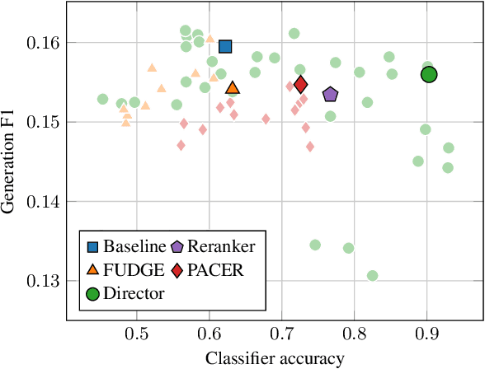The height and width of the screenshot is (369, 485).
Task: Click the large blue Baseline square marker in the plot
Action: (x=225, y=46)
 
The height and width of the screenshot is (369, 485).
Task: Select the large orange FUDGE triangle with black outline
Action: (x=233, y=88)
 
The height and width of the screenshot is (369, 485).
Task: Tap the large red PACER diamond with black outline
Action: (x=301, y=85)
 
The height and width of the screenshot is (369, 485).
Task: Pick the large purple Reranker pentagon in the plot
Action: (x=331, y=95)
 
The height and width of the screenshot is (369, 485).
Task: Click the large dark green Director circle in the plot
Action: (x=429, y=75)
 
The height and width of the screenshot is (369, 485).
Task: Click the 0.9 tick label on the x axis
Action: (x=427, y=335)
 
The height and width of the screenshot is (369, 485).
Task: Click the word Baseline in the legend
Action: (x=135, y=245)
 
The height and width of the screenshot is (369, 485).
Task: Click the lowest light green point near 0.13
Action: (x=373, y=276)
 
